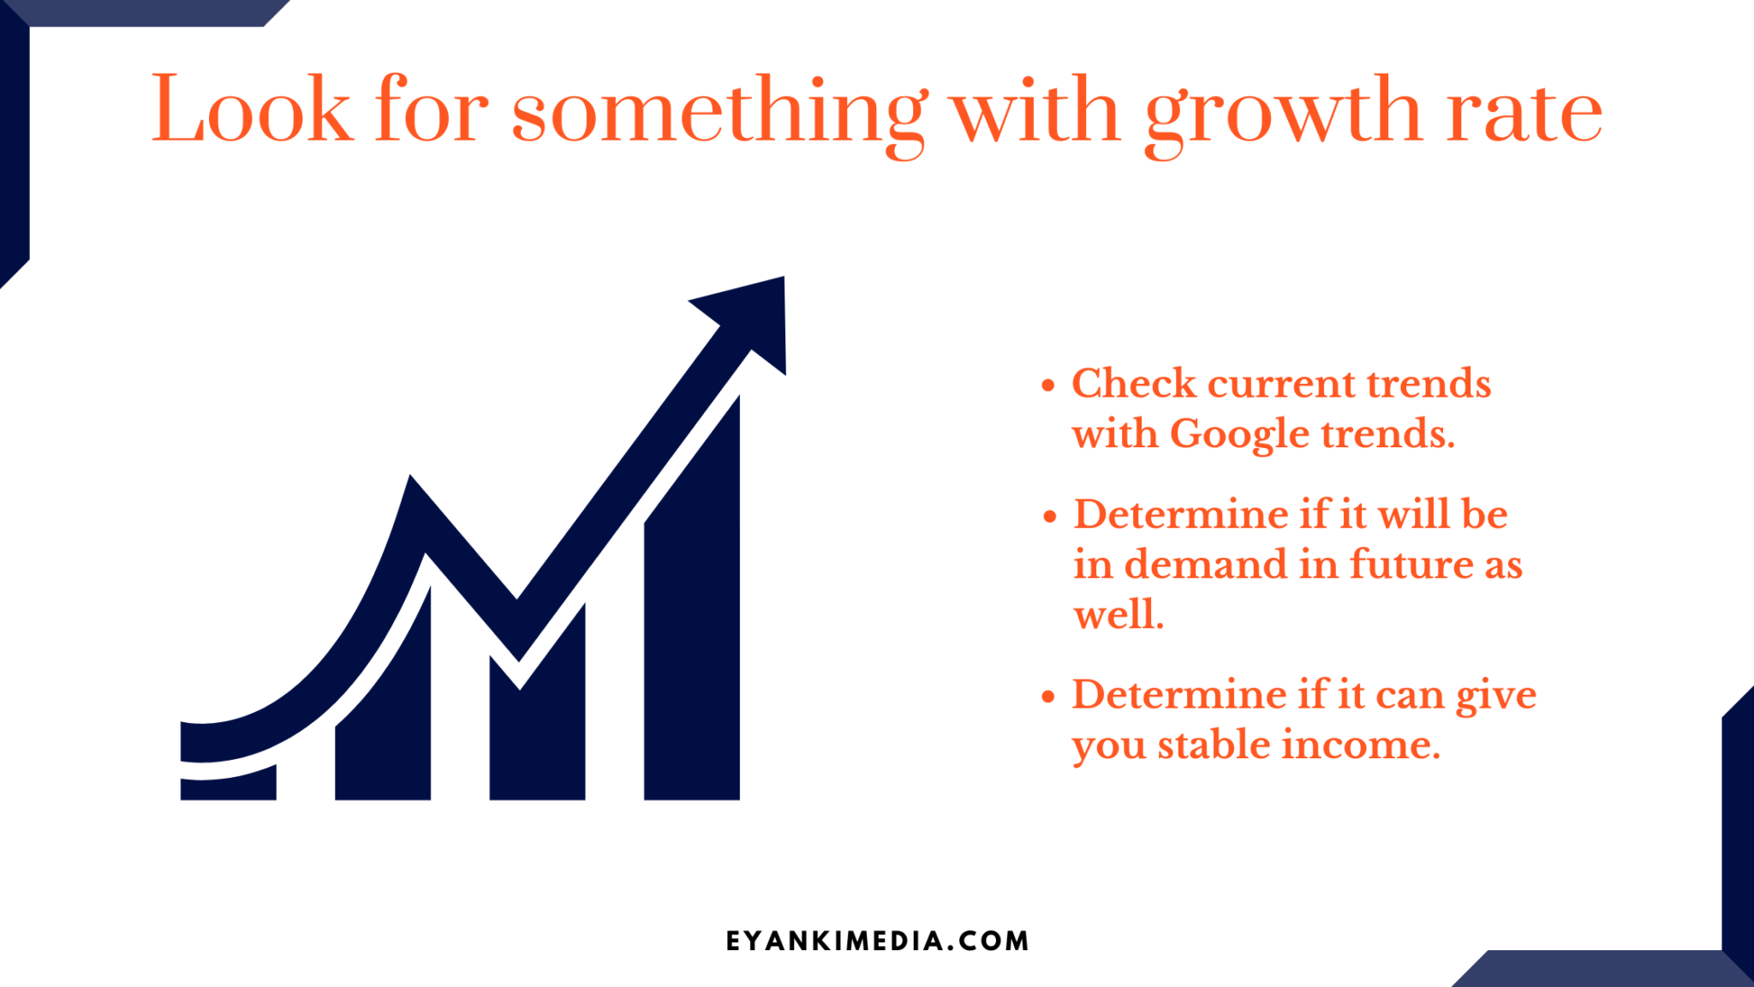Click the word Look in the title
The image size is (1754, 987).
[251, 110]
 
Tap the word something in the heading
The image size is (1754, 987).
[719, 116]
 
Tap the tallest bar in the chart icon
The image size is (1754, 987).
[692, 598]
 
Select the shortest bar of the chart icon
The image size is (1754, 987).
[228, 782]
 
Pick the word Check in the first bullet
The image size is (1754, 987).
[1134, 383]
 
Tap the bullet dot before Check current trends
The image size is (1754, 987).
[1048, 386]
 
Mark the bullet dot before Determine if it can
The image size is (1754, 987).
[1048, 697]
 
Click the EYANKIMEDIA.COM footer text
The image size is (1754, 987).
[877, 941]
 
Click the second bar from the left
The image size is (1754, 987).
[383, 692]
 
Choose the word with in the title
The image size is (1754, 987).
[1036, 110]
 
